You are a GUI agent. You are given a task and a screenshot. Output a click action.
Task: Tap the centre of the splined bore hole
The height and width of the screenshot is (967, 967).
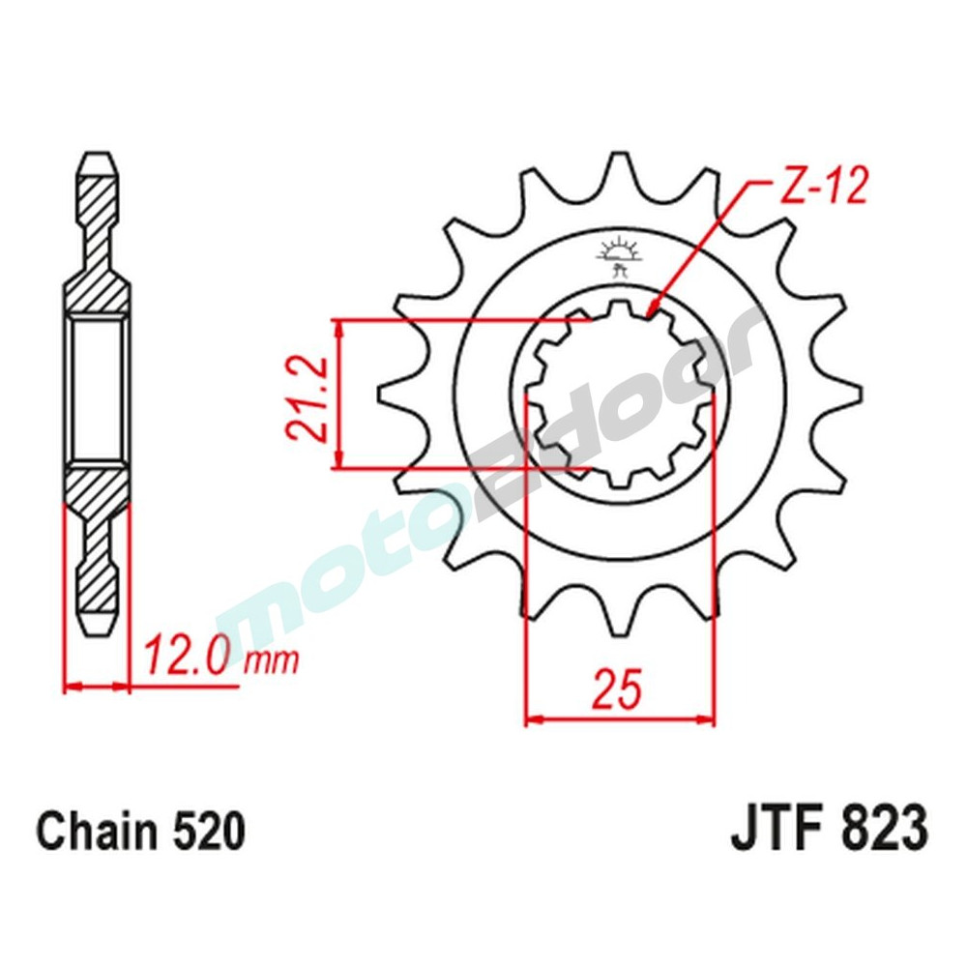pyautogui.click(x=619, y=394)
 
